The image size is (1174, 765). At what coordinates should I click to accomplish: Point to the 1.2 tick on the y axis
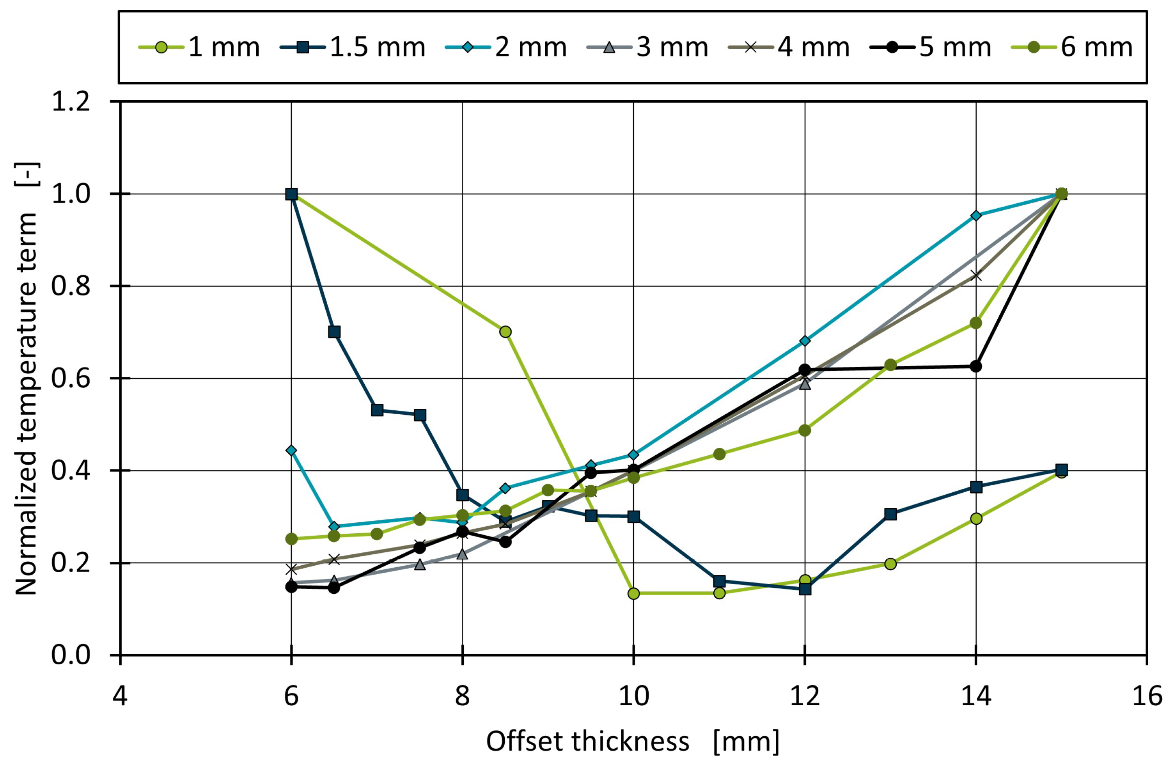pos(71,102)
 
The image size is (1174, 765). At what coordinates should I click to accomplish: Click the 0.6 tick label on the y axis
pos(71,379)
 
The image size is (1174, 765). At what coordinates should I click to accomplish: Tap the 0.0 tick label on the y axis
pos(71,655)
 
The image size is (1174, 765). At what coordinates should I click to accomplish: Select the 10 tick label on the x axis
pos(633,696)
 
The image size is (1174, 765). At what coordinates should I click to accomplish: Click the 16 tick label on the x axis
pos(1147,696)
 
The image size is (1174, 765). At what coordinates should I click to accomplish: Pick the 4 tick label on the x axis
pos(120,696)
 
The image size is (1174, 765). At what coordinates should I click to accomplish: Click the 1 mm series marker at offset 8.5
pos(505,332)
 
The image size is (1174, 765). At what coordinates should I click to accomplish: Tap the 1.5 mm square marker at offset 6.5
pos(334,332)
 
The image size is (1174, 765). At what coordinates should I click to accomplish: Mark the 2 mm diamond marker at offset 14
pos(976,216)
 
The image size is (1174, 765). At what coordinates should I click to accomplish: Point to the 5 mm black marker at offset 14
pos(976,366)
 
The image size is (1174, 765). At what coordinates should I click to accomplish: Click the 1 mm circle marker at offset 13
pos(890,564)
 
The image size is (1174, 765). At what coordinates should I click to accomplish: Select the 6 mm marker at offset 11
pos(719,454)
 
